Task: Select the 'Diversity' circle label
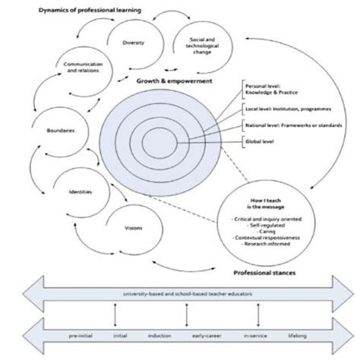coord(133,43)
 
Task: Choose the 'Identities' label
coord(81,192)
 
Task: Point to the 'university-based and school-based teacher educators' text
coord(179,293)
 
